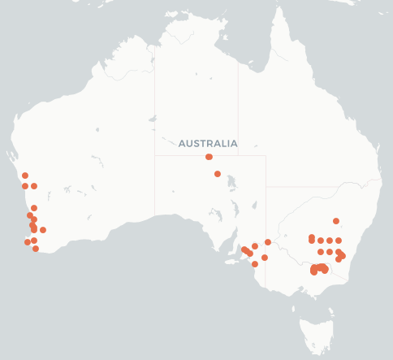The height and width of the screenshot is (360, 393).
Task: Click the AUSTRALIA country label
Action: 209,144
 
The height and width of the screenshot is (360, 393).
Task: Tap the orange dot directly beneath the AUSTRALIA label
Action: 209,157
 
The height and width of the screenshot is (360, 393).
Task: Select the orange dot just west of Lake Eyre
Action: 218,174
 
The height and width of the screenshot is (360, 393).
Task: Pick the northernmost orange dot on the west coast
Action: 25,176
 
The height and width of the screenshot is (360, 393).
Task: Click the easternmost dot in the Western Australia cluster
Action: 43,230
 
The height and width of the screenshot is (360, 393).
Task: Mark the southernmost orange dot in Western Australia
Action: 36,249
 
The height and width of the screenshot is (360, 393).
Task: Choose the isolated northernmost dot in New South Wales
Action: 336,221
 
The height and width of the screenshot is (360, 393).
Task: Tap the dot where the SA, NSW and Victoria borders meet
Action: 268,242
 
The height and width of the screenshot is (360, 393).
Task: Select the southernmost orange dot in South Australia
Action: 255,264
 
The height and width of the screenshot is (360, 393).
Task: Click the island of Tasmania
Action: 314,333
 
